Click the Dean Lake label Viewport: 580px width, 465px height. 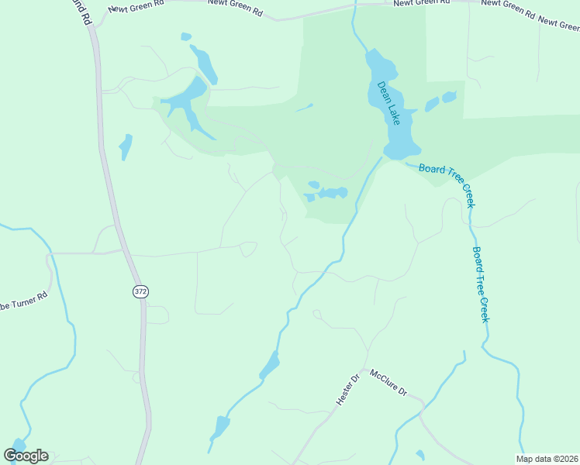click(x=388, y=104)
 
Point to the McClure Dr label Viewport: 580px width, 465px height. click(x=388, y=383)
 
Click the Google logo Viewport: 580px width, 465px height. click(x=26, y=455)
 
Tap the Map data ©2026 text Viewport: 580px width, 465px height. click(x=547, y=458)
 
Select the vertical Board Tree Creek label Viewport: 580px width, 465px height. click(x=481, y=284)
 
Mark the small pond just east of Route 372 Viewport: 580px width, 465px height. click(x=126, y=146)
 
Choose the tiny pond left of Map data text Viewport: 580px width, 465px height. click(x=419, y=455)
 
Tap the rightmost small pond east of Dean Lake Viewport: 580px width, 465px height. click(x=448, y=97)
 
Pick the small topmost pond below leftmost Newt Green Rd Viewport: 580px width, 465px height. click(x=185, y=36)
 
